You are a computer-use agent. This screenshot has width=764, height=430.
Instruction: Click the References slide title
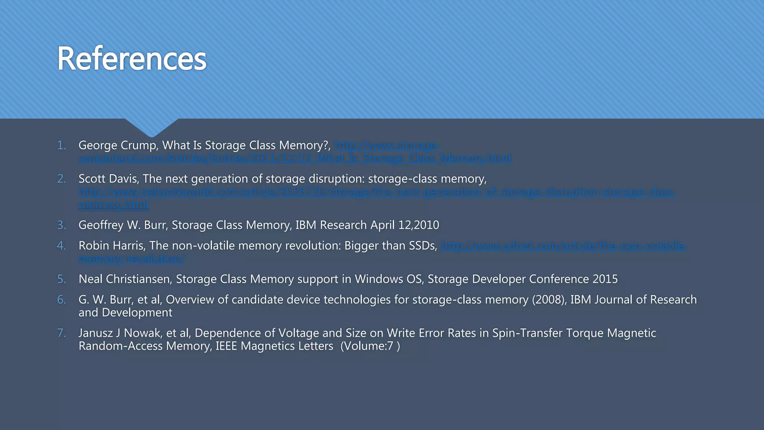pos(131,59)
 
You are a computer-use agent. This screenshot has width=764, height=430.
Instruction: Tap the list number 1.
pos(61,145)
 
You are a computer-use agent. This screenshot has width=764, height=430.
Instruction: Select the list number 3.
pos(61,225)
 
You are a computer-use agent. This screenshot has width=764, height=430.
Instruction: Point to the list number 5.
pos(61,279)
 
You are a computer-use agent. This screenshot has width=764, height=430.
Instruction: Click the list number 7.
pos(61,333)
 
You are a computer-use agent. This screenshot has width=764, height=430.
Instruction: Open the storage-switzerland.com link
pos(295,158)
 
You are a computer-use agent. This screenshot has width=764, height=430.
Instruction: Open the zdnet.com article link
pos(564,246)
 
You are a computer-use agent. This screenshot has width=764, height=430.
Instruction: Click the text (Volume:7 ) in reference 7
pos(370,346)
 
